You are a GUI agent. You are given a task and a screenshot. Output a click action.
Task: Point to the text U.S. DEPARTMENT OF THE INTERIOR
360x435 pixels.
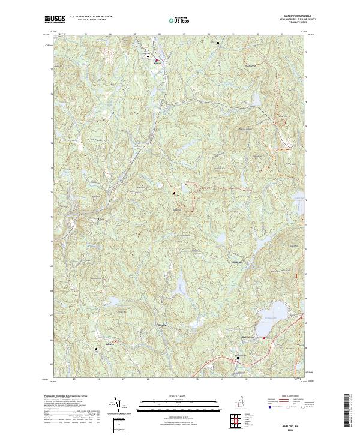coord(90,17)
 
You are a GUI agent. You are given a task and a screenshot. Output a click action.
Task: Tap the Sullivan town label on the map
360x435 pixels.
coord(109,344)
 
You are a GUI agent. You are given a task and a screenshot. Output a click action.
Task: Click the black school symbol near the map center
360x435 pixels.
coord(174,193)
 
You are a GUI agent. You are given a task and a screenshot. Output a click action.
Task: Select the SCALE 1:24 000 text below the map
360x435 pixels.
coord(180,396)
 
